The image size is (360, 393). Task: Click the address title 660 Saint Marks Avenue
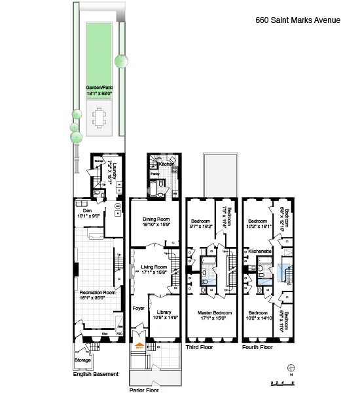[297, 20]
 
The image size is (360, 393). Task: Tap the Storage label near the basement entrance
[82, 360]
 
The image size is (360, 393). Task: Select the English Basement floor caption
[96, 374]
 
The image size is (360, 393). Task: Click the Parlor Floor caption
[144, 389]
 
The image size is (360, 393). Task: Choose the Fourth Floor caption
[257, 347]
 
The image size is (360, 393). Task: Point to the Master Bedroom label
[212, 316]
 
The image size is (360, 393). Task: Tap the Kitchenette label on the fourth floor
[259, 252]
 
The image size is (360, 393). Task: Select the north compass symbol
[291, 368]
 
